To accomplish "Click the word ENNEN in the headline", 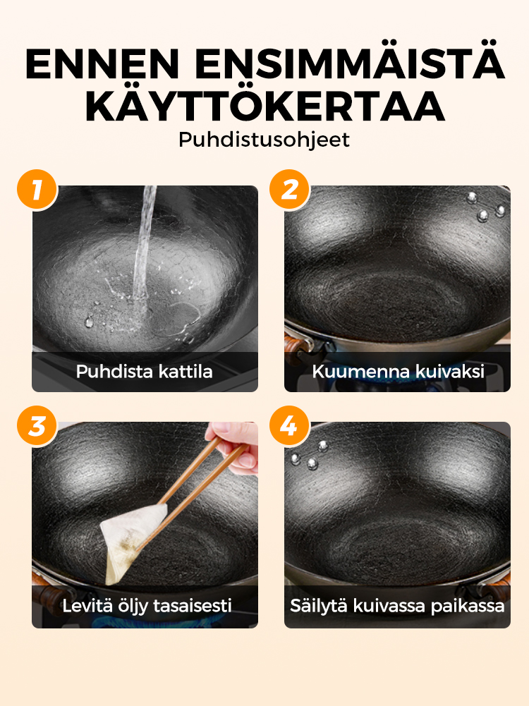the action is point(103,63).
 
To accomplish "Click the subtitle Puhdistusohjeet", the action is point(264,140).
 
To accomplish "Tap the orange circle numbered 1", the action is point(37,190).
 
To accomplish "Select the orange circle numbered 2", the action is point(289,190).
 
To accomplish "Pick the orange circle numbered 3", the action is point(37,425).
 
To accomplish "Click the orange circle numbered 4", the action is point(289,425).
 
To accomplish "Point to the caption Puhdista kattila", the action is point(144,372).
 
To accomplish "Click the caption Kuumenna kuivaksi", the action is point(398,372).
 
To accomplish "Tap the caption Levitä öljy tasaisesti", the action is point(147,606).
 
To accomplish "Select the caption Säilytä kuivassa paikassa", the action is point(397,606).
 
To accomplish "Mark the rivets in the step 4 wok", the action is point(310,455).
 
